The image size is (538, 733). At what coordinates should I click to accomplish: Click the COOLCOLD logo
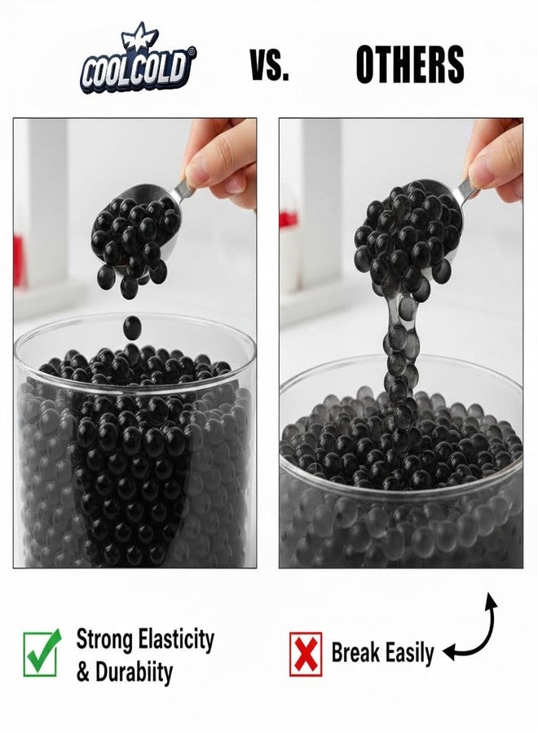pyautogui.click(x=137, y=61)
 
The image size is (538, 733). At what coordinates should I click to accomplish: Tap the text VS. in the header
pyautogui.click(x=269, y=65)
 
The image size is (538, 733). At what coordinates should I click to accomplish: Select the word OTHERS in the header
pyautogui.click(x=410, y=65)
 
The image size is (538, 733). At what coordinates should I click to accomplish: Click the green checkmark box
pyautogui.click(x=42, y=652)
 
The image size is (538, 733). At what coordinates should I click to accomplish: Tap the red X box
pyautogui.click(x=306, y=654)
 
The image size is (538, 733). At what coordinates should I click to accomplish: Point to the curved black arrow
pyautogui.click(x=477, y=631)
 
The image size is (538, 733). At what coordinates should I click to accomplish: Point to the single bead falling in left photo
pyautogui.click(x=131, y=328)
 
